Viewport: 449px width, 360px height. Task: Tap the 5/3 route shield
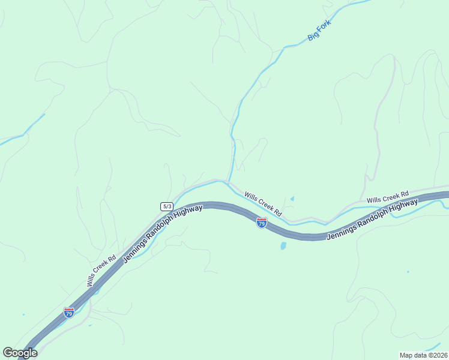point(167,206)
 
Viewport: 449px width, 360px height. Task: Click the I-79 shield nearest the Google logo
point(69,313)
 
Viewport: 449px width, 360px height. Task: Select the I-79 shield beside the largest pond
point(262,223)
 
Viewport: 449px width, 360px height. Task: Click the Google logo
point(20,353)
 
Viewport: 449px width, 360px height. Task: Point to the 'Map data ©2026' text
point(423,355)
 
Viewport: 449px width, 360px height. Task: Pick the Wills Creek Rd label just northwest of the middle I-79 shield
point(263,203)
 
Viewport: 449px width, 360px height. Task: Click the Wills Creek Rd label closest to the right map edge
point(387,196)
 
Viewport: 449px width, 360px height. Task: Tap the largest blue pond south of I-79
point(283,245)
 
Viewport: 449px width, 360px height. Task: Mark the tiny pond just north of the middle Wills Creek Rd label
point(292,199)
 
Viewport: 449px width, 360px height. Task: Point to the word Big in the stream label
point(312,37)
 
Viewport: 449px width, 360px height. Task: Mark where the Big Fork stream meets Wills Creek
point(228,181)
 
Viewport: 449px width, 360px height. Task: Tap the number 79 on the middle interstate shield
point(262,224)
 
